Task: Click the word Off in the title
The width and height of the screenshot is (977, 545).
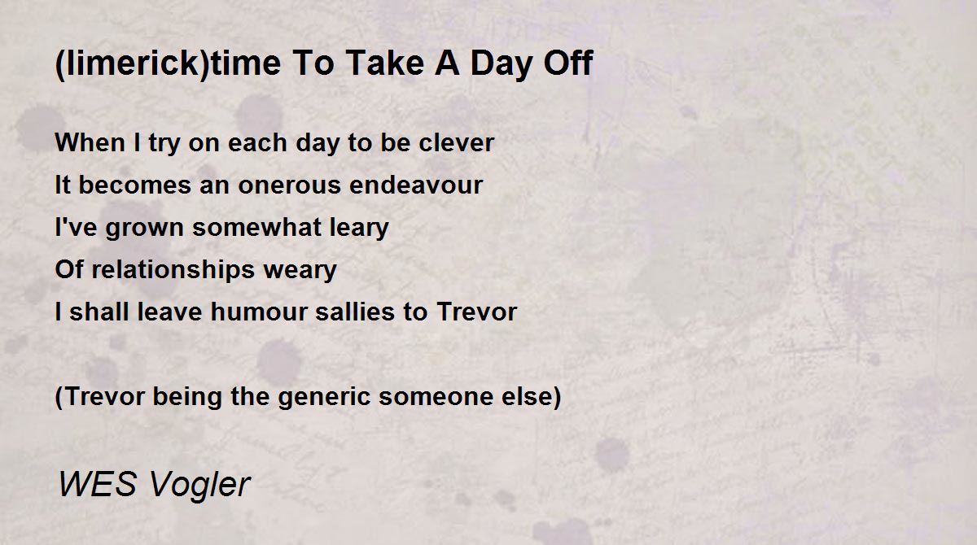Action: [568, 63]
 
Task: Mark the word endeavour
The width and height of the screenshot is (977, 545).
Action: [416, 185]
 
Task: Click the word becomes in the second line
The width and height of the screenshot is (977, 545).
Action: [135, 185]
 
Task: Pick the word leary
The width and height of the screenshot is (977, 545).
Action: [359, 228]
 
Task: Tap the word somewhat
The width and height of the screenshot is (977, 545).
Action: [256, 227]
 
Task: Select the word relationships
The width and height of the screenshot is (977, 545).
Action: [173, 270]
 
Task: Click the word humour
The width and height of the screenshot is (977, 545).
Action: [259, 312]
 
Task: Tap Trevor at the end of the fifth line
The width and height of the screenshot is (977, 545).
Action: [477, 312]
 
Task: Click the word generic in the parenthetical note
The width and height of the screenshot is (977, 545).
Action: [324, 397]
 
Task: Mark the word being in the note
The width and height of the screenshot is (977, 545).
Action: [187, 397]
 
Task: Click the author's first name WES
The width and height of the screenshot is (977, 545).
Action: [98, 483]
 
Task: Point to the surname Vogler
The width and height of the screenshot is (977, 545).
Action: [199, 485]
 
